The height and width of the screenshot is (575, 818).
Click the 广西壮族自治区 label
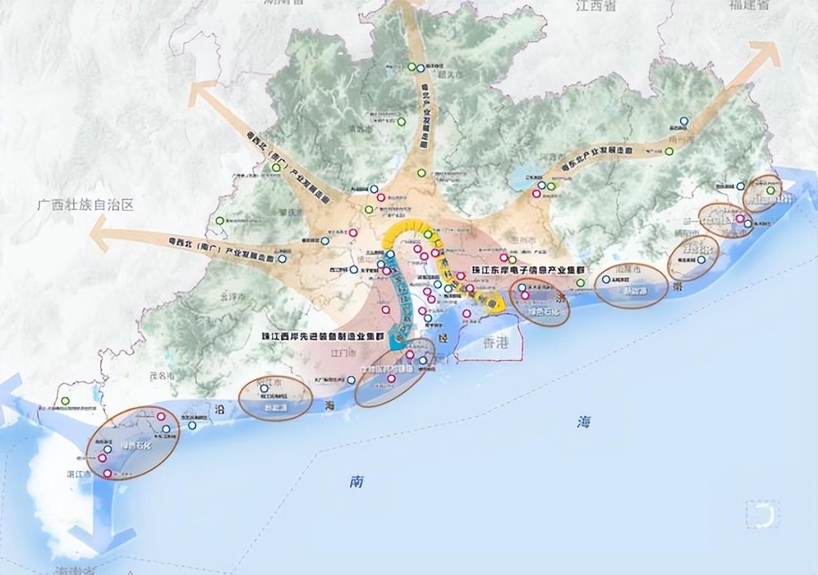pyautogui.click(x=85, y=206)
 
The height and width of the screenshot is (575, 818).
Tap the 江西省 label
pyautogui.click(x=595, y=7)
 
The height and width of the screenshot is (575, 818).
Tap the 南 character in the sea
pyautogui.click(x=357, y=482)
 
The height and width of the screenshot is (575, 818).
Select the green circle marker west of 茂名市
pyautogui.click(x=65, y=401)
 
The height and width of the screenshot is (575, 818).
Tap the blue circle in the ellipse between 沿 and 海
pyautogui.click(x=264, y=388)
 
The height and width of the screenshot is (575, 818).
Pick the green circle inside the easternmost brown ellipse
pyautogui.click(x=771, y=190)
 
